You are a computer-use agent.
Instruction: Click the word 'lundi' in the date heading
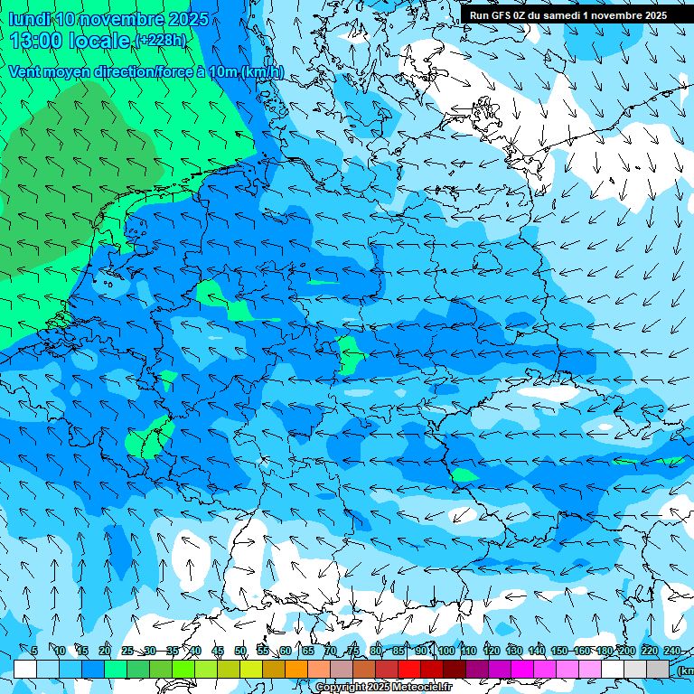[28, 19]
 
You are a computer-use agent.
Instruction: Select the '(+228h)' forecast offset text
[162, 41]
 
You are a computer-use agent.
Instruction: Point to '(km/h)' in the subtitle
[262, 72]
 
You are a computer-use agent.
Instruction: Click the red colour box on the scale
[409, 669]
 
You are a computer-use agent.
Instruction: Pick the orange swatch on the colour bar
[296, 669]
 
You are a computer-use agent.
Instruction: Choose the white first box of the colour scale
[25, 669]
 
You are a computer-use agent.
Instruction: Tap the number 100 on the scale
[445, 652]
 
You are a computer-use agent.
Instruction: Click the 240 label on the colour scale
[671, 652]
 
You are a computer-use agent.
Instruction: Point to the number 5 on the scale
[34, 652]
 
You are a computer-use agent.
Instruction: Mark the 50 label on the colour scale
[240, 652]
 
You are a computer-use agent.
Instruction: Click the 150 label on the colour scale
[558, 652]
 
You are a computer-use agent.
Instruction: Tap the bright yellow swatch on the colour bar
[229, 669]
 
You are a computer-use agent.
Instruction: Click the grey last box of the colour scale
[658, 669]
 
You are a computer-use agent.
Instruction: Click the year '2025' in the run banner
[652, 15]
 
